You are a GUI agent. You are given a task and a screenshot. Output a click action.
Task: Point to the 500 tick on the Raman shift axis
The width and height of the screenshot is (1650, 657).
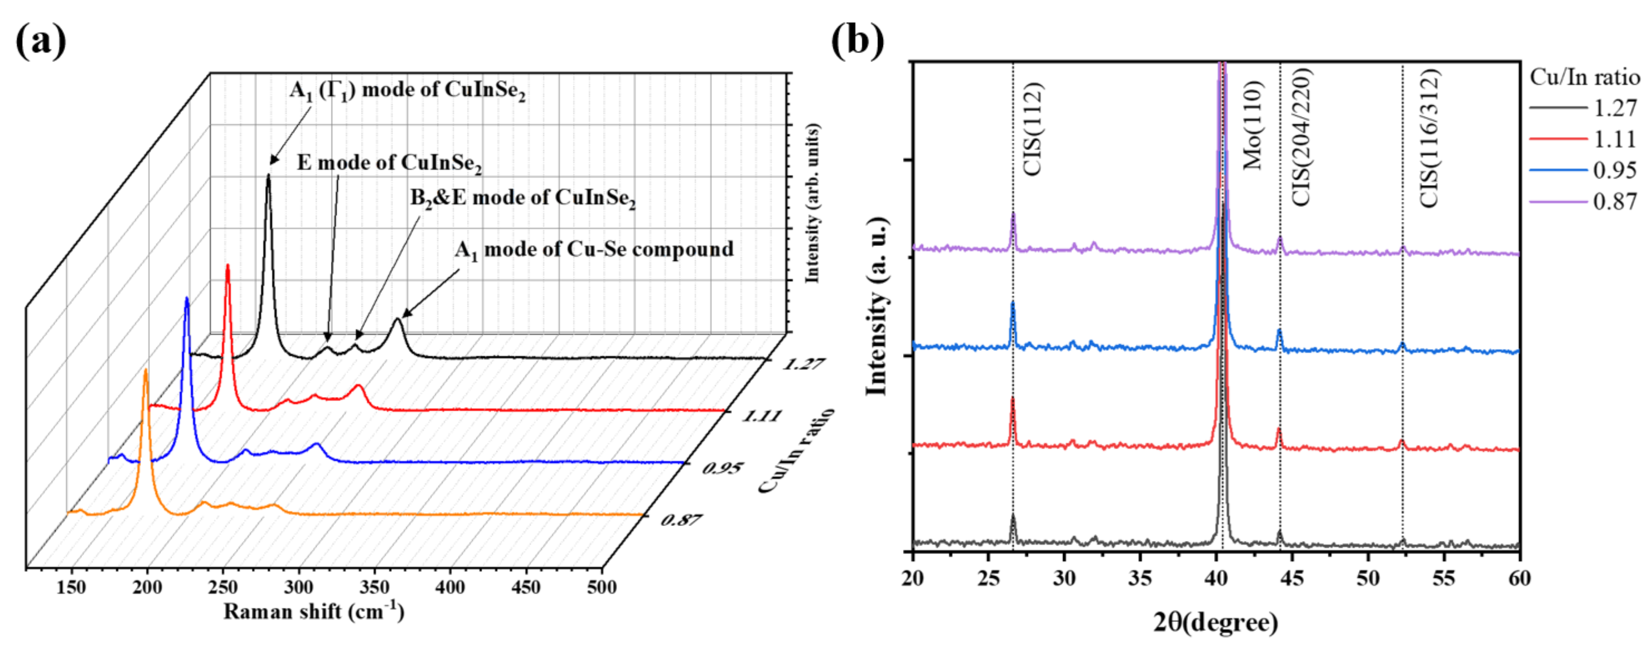602,587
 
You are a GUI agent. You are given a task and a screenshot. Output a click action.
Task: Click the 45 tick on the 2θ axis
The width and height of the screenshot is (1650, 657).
1292,578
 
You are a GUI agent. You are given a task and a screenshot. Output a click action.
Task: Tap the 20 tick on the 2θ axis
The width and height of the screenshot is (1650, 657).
913,578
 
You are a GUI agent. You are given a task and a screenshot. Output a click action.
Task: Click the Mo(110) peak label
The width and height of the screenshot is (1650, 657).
1252,125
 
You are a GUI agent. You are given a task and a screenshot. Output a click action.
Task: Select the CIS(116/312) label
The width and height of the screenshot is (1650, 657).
1429,138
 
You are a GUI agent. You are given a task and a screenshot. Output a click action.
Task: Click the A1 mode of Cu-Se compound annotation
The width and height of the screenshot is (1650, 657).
594,249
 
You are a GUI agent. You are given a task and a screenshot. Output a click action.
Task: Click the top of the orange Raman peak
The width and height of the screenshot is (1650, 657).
145,371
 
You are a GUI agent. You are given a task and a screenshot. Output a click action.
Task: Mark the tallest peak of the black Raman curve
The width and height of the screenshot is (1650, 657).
268,176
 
